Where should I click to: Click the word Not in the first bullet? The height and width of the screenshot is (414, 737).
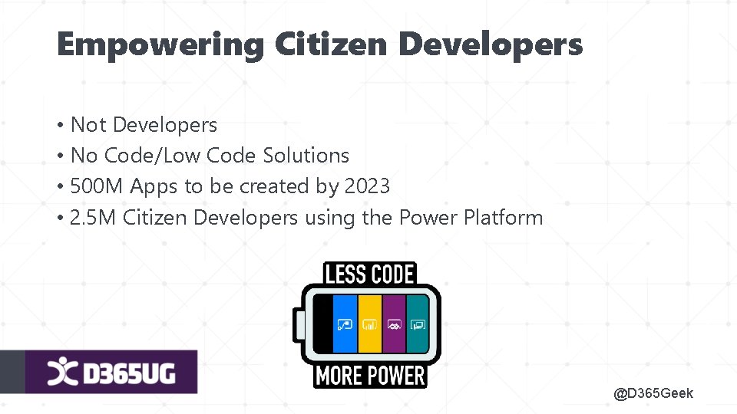click(x=88, y=125)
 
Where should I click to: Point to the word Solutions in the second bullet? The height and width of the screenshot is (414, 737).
click(x=306, y=156)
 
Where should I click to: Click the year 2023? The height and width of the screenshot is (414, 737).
click(x=367, y=186)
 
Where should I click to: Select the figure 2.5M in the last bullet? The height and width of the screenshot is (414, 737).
click(x=93, y=218)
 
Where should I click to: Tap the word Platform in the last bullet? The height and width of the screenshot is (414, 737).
click(x=503, y=218)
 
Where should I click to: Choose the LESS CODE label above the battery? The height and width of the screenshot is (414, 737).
click(x=370, y=274)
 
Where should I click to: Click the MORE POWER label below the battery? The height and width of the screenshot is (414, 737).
click(x=370, y=376)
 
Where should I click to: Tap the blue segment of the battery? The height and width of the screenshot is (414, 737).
click(x=345, y=324)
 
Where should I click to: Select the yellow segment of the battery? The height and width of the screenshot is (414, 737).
click(x=369, y=324)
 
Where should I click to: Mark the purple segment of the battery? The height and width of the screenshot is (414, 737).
click(x=394, y=324)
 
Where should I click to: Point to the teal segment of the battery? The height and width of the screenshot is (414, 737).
click(x=418, y=324)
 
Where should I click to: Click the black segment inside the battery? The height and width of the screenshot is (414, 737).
click(x=323, y=324)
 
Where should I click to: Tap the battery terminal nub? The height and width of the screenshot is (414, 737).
click(x=296, y=325)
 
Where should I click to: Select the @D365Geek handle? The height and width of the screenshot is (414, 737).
click(x=653, y=393)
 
